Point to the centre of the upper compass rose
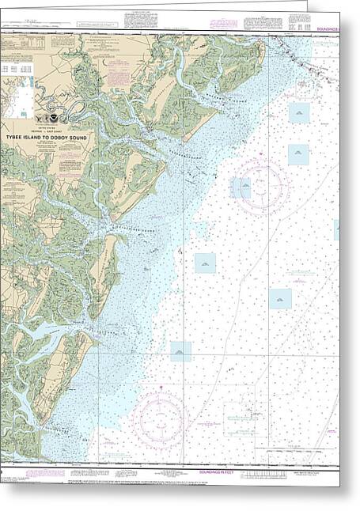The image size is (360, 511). click(260, 187)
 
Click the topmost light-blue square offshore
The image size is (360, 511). click(298, 113)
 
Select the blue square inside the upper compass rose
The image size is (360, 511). click(241, 187)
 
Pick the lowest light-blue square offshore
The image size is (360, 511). click(180, 351)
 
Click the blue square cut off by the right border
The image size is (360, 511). click(336, 229)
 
